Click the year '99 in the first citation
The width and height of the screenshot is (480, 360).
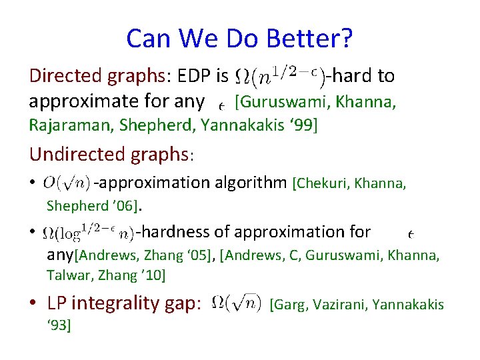(x=303, y=125)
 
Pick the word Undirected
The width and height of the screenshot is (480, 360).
(x=73, y=154)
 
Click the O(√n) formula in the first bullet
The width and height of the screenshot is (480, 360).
(x=67, y=182)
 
